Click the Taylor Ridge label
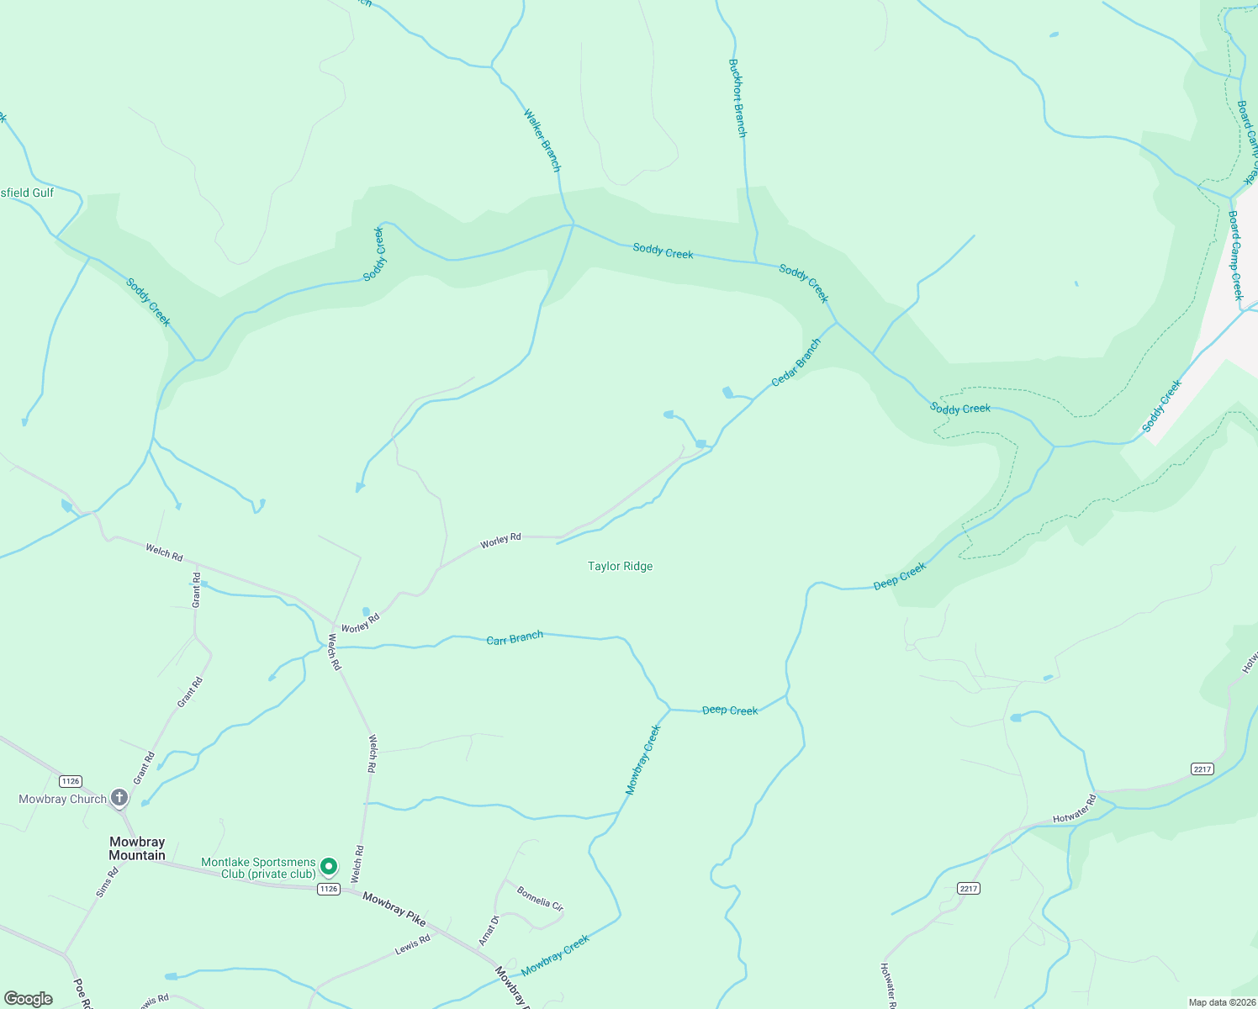pyautogui.click(x=620, y=567)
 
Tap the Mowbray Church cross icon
pyautogui.click(x=119, y=797)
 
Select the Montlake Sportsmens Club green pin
pyautogui.click(x=329, y=866)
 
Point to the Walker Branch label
pyautogui.click(x=542, y=140)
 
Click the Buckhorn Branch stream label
pyautogui.click(x=737, y=98)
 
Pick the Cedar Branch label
pyautogui.click(x=795, y=362)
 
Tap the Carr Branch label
pyautogui.click(x=515, y=638)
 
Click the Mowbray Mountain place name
pyautogui.click(x=137, y=848)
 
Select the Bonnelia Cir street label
pyautogui.click(x=540, y=899)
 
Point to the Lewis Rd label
pyautogui.click(x=413, y=945)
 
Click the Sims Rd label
pyautogui.click(x=107, y=882)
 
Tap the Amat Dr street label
pyautogui.click(x=489, y=930)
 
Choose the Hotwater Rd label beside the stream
pyautogui.click(x=1075, y=808)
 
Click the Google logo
pyautogui.click(x=28, y=999)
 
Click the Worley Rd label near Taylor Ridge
pyautogui.click(x=500, y=541)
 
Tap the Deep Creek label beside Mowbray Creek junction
pyautogui.click(x=730, y=711)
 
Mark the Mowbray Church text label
pyautogui.click(x=62, y=799)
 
